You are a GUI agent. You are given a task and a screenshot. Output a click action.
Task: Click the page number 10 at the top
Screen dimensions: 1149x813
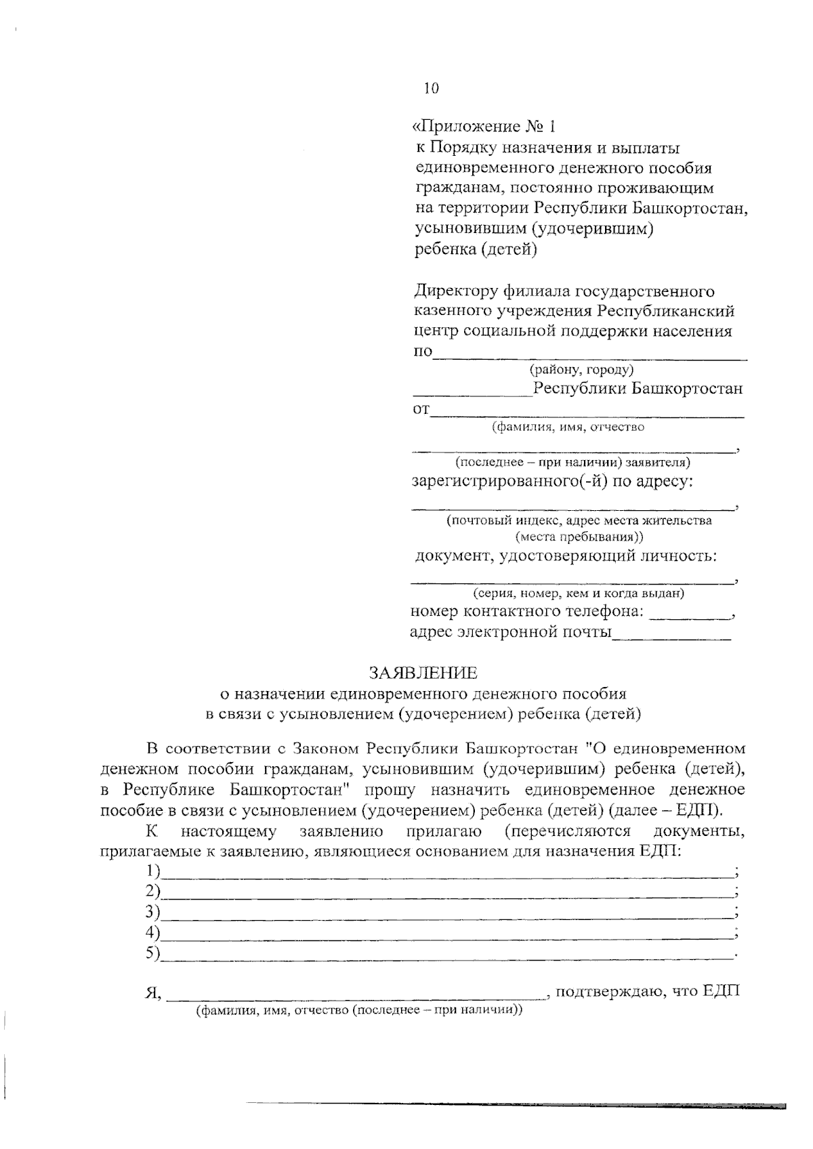[x=431, y=88]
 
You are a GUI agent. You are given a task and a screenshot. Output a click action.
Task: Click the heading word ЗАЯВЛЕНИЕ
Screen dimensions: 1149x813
[x=423, y=673]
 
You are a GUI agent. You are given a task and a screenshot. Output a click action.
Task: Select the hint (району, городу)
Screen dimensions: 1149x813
[x=581, y=370]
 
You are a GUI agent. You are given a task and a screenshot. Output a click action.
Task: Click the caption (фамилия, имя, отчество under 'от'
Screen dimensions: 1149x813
[x=568, y=427]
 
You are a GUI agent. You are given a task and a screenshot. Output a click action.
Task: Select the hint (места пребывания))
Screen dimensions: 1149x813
[x=579, y=537]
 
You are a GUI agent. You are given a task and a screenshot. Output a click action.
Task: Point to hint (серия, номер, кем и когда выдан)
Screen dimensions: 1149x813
[x=578, y=593]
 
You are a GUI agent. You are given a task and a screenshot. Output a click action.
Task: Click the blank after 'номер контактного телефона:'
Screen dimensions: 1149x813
[x=688, y=617]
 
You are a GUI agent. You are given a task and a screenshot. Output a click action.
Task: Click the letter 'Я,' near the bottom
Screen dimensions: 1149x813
[x=152, y=994]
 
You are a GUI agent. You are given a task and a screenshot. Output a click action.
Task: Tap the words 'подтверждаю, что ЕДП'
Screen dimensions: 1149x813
[x=646, y=992]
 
